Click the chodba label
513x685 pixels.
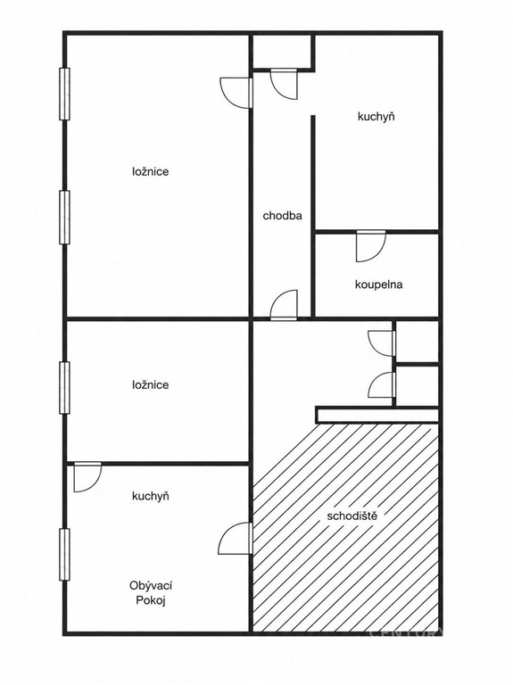click(282, 215)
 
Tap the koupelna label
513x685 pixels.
click(379, 285)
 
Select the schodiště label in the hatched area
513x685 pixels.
click(352, 516)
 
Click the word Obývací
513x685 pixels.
click(151, 586)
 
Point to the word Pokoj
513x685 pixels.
click(151, 600)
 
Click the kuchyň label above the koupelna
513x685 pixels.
click(376, 117)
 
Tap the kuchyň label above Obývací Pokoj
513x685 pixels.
click(151, 496)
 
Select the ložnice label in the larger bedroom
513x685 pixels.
click(150, 171)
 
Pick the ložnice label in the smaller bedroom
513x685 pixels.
click(150, 385)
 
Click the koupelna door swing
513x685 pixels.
click(371, 246)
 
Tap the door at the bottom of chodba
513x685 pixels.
click(284, 305)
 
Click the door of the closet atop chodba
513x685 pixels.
click(284, 85)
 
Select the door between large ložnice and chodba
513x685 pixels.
click(236, 92)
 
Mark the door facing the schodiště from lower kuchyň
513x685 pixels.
click(236, 538)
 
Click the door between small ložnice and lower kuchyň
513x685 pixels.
click(87, 477)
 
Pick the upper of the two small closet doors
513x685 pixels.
click(382, 343)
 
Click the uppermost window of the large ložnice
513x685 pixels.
click(64, 94)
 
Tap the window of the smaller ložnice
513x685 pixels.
click(64, 387)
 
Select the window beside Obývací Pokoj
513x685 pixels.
click(64, 555)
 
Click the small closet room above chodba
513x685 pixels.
click(282, 51)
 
